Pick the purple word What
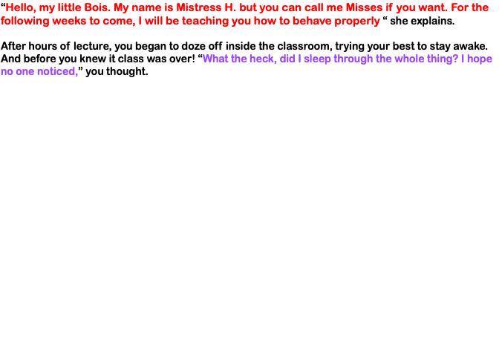coord(215,59)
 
